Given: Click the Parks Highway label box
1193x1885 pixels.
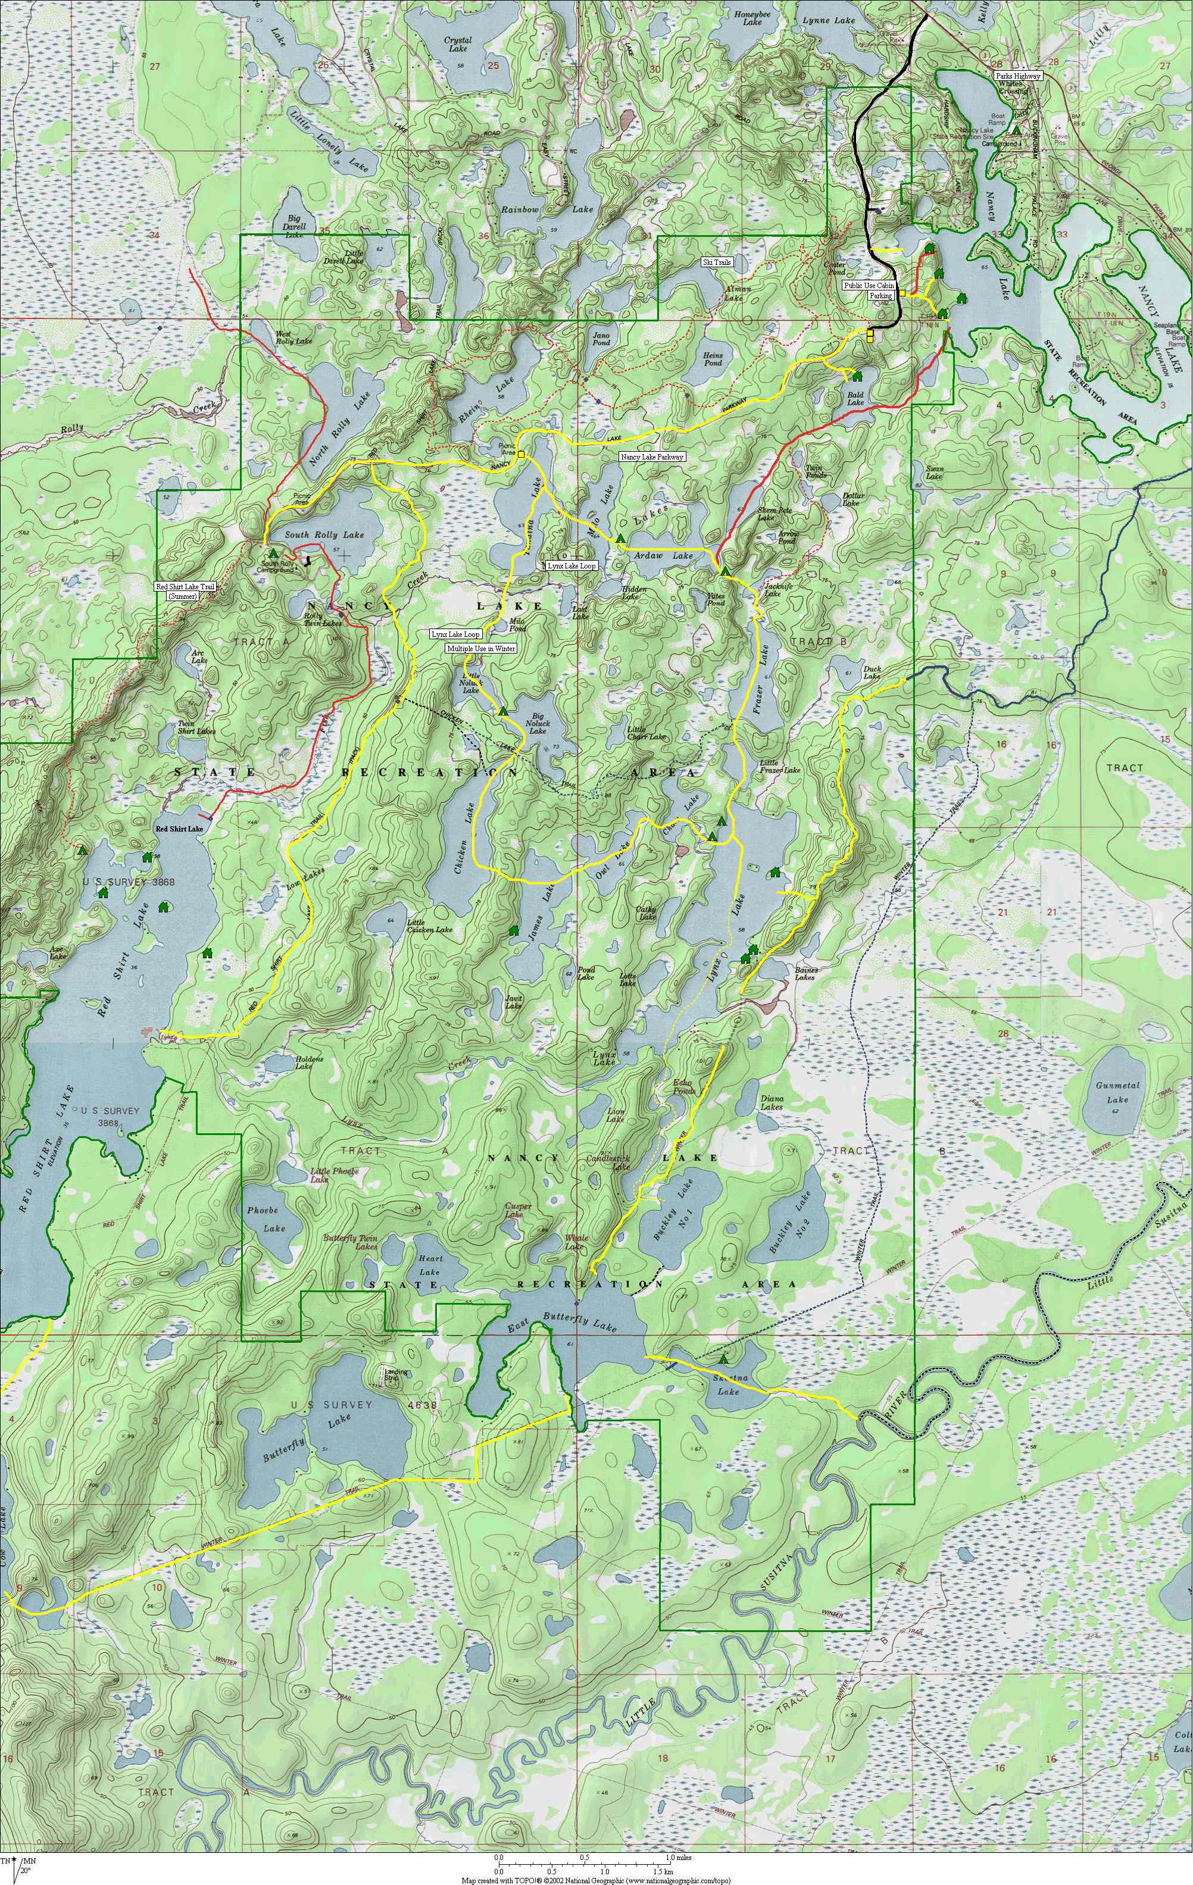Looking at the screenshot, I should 1017,76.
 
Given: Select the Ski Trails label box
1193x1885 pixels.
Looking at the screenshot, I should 716,262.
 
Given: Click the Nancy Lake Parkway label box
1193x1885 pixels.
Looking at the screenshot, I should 651,457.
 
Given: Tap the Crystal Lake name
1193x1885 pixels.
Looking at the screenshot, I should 457,45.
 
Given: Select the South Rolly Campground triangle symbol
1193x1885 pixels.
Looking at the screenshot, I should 273,553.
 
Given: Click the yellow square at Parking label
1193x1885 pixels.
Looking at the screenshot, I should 902,293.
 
